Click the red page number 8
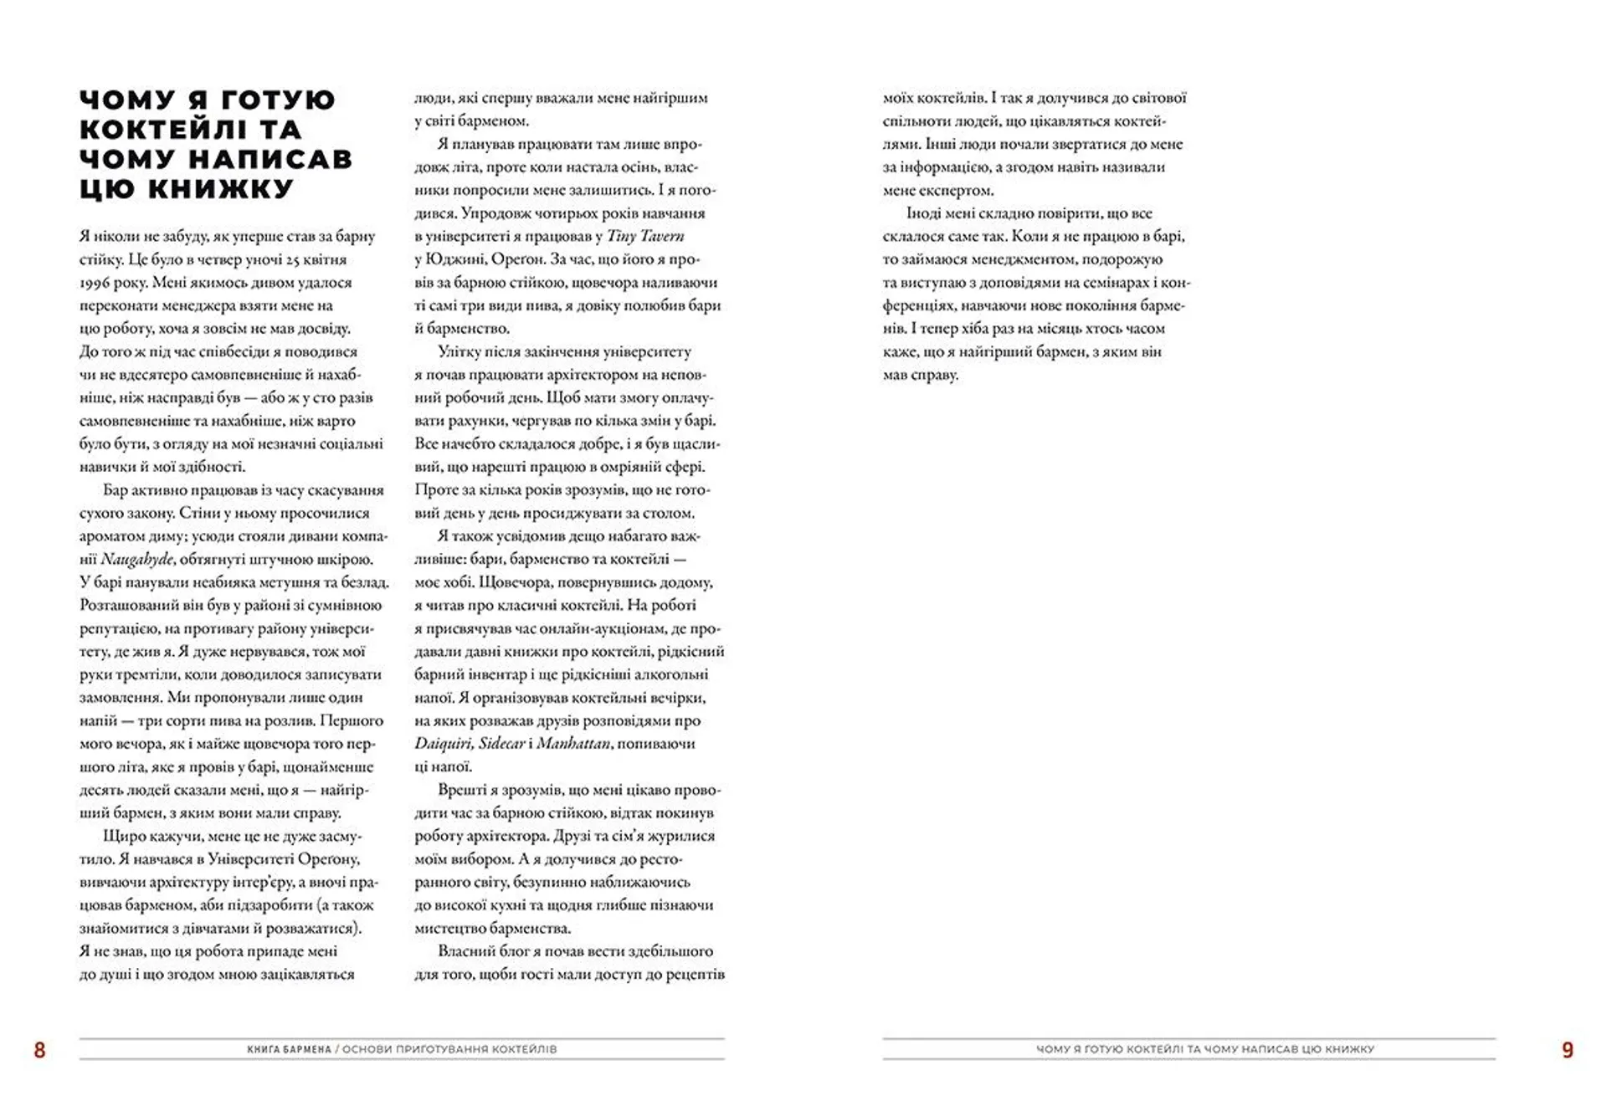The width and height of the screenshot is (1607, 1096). click(39, 1050)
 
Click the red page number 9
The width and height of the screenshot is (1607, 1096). click(1568, 1050)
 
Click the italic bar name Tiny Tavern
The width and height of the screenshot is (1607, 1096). click(645, 236)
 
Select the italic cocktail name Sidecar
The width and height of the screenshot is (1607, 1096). click(502, 743)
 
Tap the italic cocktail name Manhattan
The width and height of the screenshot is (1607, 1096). click(574, 743)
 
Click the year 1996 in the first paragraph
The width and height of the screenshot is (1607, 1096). click(97, 283)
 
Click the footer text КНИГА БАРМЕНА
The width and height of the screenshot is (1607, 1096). click(290, 1049)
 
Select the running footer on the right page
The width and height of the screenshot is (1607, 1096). click(1205, 1049)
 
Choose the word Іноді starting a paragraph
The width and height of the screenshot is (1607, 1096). click(925, 213)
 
